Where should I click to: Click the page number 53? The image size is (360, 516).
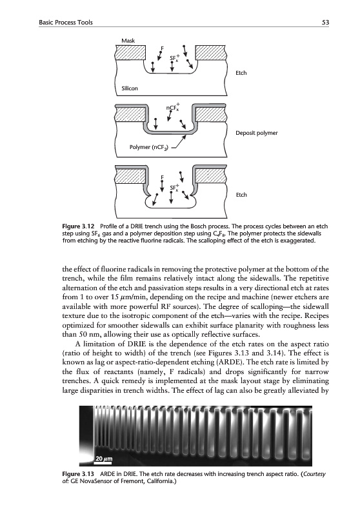(325, 23)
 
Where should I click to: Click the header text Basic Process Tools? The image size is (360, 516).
(66, 23)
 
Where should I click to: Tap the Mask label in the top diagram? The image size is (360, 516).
(128, 41)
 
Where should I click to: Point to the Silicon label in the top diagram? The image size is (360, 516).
(130, 88)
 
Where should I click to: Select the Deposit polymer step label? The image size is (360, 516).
(256, 133)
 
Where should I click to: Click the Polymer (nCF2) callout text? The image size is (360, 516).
(149, 147)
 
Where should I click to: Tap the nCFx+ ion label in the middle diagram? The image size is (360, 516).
(173, 107)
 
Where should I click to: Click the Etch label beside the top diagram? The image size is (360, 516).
(241, 73)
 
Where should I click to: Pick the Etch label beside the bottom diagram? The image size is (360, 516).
(241, 195)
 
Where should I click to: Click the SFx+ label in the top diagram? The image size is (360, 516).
(174, 58)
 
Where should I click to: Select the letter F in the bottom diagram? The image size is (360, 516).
(162, 177)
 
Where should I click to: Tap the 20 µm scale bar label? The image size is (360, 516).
(104, 459)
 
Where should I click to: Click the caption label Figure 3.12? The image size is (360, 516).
(78, 226)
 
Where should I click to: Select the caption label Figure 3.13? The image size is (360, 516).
(78, 474)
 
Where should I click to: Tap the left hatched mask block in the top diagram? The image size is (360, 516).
(130, 53)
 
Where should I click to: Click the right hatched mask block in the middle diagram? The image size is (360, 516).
(211, 115)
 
